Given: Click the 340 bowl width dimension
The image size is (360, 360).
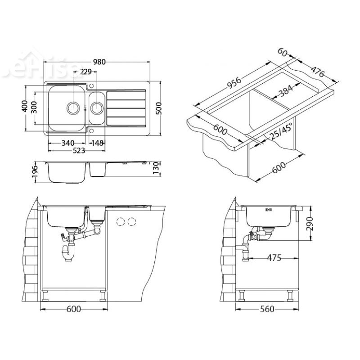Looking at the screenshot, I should click(67, 143).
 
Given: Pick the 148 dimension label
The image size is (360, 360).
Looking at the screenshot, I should click(97, 143).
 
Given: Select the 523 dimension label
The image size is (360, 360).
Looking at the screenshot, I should click(77, 151).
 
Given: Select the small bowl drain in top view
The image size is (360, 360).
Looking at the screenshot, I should click(97, 108).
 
